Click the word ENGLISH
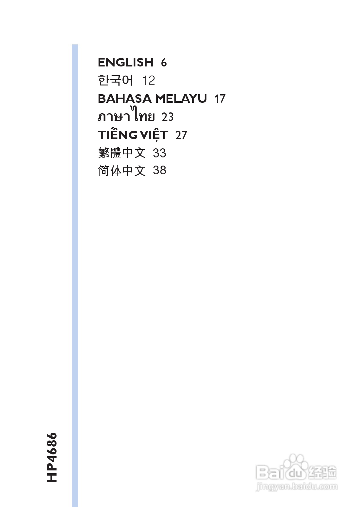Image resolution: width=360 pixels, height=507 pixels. point(126,62)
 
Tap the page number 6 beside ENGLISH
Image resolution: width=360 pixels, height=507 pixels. point(164,63)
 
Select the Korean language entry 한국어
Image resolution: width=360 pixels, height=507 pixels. point(115,80)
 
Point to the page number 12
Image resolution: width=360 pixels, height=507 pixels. point(148,81)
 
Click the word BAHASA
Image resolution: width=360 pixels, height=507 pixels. point(125,99)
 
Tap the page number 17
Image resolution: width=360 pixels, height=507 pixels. point(220,99)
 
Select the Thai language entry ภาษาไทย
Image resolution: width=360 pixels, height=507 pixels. point(126,116)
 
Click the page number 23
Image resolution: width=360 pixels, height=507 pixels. point(168,117)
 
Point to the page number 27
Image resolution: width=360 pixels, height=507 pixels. point(181,135)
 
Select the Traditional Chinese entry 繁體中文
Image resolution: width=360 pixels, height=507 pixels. point(122,153)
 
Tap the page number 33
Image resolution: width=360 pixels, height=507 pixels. point(160,153)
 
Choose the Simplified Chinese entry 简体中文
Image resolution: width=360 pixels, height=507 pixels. point(122,171)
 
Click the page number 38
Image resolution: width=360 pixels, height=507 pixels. point(160,170)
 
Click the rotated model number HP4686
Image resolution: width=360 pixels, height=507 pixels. point(52,457)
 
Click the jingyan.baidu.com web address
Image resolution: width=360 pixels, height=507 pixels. point(297,486)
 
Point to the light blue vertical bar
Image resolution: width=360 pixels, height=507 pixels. point(75,272)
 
